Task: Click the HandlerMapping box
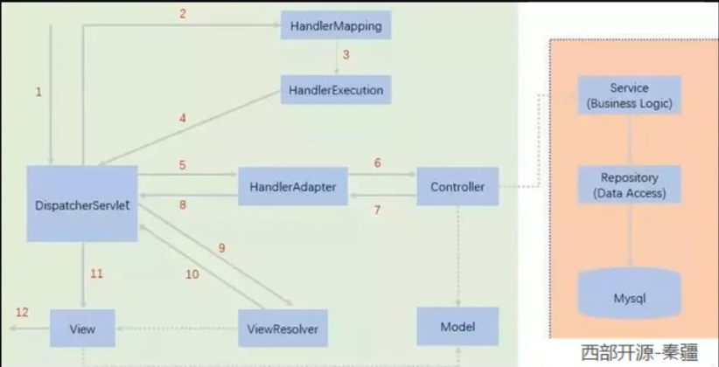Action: pos(335,26)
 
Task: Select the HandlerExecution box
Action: pos(335,90)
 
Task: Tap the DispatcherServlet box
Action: pos(82,204)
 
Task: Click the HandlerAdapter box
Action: pos(292,186)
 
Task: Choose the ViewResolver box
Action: pos(283,329)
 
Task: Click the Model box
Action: pos(457,327)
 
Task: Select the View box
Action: pos(83,329)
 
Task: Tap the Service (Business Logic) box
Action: pos(629,96)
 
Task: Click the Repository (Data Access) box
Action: pos(629,185)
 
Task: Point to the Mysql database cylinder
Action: pos(629,297)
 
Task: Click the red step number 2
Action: pos(182,13)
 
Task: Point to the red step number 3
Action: pos(346,55)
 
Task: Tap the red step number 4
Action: pos(182,118)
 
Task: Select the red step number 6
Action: pos(377,163)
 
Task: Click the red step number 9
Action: pos(221,248)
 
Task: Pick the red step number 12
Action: pos(22,312)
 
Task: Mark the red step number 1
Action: pos(38,92)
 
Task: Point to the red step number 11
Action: pos(96,274)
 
